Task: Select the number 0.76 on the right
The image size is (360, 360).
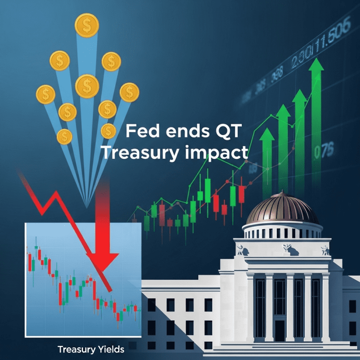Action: click(323, 151)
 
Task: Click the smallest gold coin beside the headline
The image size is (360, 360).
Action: click(108, 131)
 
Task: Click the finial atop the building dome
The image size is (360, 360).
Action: click(282, 194)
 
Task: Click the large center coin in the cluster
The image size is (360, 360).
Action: click(86, 86)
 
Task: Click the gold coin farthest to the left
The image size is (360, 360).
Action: click(45, 95)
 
